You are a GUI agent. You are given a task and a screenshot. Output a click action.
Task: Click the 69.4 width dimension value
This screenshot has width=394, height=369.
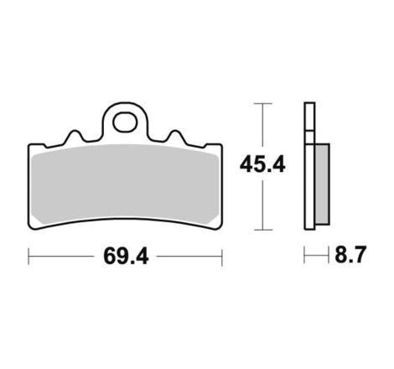tap(126, 256)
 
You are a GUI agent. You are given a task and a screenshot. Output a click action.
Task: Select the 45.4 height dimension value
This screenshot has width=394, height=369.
tap(262, 164)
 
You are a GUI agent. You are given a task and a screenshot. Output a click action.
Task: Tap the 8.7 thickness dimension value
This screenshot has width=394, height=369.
tap(350, 255)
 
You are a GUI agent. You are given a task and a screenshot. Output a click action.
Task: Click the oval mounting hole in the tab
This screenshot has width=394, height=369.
tap(125, 122)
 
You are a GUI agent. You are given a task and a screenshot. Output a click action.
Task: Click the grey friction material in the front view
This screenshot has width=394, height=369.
tap(125, 184)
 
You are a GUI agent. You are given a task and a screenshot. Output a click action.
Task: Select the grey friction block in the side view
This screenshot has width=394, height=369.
tap(322, 184)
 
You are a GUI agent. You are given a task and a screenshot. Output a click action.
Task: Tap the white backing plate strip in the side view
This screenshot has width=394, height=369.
tap(309, 166)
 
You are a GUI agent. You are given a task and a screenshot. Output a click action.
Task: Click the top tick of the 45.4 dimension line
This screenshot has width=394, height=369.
tap(262, 103)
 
